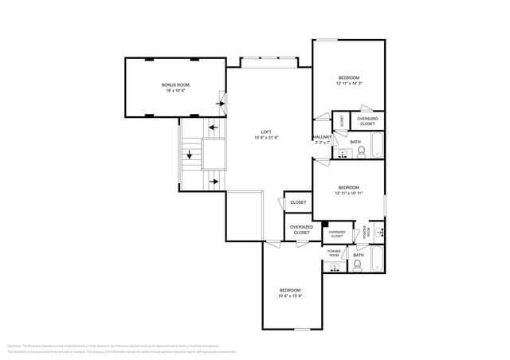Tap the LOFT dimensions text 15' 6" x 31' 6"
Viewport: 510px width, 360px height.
[x=266, y=138]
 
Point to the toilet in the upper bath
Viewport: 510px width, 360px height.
[x=360, y=151]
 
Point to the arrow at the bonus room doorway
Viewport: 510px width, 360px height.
[x=222, y=101]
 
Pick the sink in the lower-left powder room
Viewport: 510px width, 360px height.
[x=334, y=264]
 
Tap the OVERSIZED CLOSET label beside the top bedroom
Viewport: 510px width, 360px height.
[x=367, y=121]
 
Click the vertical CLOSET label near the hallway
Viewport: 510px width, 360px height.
[x=342, y=121]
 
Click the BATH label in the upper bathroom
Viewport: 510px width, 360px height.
[x=355, y=142]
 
